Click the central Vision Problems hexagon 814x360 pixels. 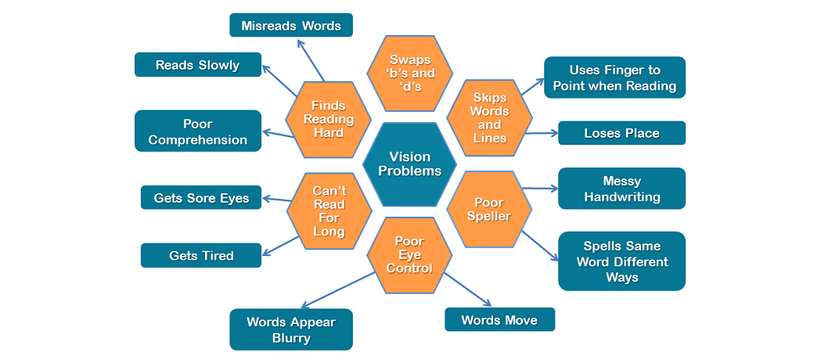[409, 164]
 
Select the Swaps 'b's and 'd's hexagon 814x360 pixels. [409, 73]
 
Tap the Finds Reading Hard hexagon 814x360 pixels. [328, 119]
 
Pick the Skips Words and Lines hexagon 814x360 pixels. [489, 118]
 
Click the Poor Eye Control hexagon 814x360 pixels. [409, 254]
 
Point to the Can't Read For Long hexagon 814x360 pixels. [328, 210]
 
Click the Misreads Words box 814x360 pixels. [291, 25]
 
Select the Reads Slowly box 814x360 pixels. [197, 65]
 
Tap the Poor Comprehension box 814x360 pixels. [197, 131]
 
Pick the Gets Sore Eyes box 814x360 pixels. [201, 198]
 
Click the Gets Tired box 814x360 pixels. [201, 256]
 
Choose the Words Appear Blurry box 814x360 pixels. [291, 329]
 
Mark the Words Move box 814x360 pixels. [499, 319]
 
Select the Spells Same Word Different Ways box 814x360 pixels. [621, 261]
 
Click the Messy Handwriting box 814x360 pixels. [621, 189]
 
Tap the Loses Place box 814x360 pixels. [621, 133]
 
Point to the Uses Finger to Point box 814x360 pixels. [614, 77]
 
